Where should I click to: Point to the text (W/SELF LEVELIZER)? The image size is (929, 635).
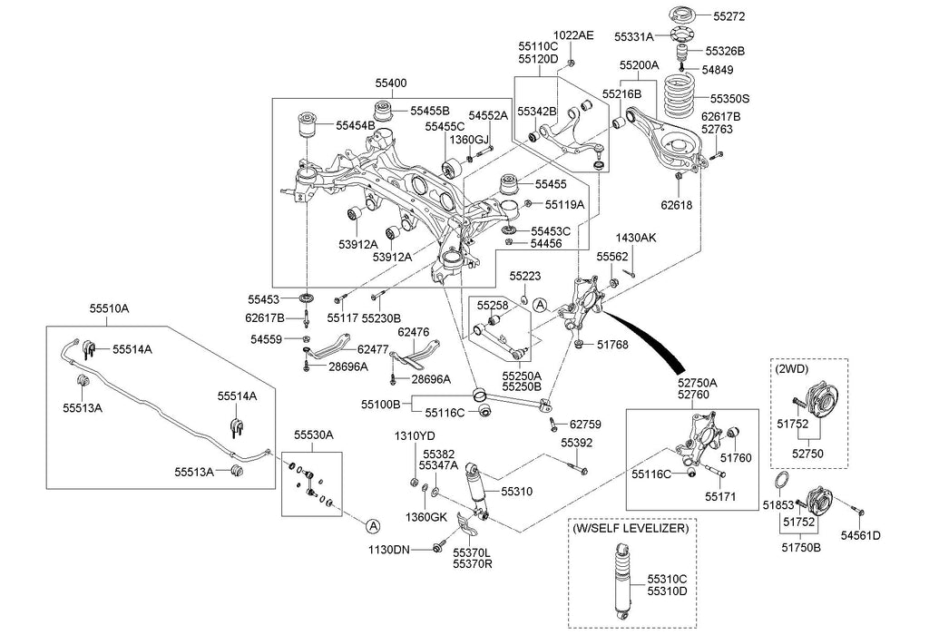[x=630, y=527]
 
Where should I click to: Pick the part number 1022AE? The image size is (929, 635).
[x=575, y=35]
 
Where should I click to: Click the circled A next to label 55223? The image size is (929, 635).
[x=541, y=306]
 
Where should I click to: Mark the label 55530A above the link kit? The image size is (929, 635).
[x=312, y=435]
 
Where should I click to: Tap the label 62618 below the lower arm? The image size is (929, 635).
[x=677, y=206]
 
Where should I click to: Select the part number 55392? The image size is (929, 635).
[x=575, y=444]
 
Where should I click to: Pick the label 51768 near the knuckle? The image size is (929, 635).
[x=614, y=344]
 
